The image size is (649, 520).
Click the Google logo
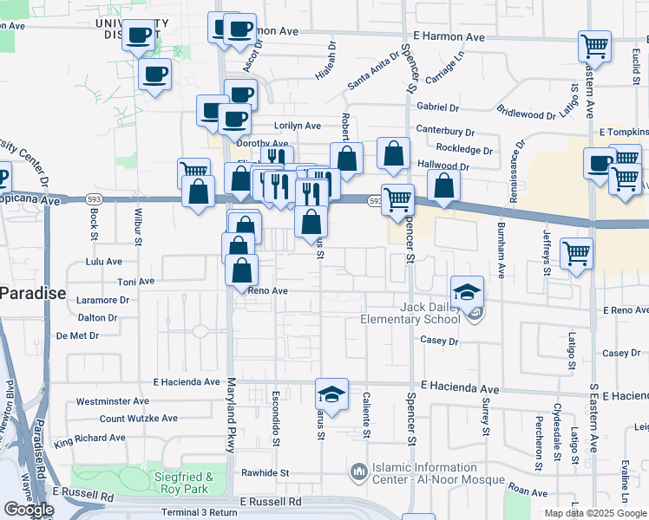(x=29, y=510)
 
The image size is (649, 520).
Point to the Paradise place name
(x=32, y=293)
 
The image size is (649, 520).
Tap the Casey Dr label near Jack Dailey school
(x=439, y=341)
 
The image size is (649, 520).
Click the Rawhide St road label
(x=265, y=473)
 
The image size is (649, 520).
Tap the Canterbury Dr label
(x=445, y=133)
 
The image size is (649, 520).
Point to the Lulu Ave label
(x=104, y=261)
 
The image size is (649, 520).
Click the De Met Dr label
(x=78, y=335)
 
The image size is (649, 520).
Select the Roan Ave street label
(x=528, y=491)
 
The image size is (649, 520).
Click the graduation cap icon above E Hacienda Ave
(x=331, y=394)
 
